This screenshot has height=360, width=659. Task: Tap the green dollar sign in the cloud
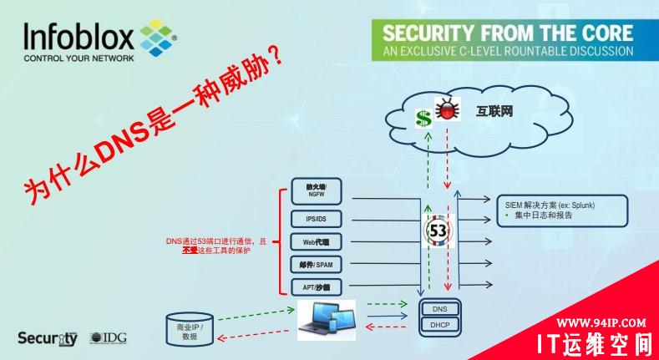point(423,117)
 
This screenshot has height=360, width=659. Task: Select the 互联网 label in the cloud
point(495,109)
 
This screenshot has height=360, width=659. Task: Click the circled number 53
point(438,229)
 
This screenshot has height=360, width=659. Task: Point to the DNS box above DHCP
point(439,309)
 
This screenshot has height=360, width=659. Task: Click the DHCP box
point(439,324)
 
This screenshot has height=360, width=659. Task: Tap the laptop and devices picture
point(327,320)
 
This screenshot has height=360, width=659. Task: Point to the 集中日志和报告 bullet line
point(548,215)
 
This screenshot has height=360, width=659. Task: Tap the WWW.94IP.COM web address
point(601,322)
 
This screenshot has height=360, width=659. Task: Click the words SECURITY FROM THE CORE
point(507,33)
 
